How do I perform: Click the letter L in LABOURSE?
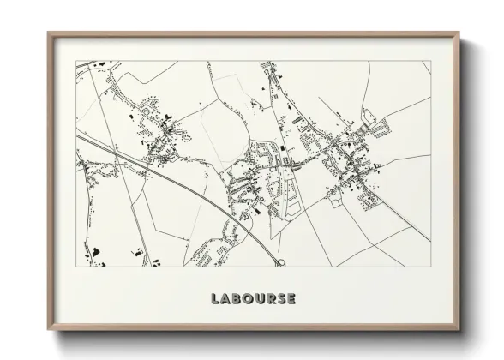[215, 299]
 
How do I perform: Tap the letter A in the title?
[225, 299]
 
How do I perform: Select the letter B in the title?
[237, 299]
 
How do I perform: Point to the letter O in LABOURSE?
[248, 299]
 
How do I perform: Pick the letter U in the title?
[259, 299]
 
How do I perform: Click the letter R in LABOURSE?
[270, 299]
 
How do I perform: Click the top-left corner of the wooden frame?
[48, 33]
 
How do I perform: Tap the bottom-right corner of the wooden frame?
[460, 331]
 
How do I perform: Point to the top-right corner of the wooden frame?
[460, 33]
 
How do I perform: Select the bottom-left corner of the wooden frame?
[48, 331]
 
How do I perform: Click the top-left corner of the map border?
[75, 61]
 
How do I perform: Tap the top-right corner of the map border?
[431, 61]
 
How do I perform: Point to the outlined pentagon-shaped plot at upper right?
[369, 117]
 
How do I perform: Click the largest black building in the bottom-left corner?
[97, 251]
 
